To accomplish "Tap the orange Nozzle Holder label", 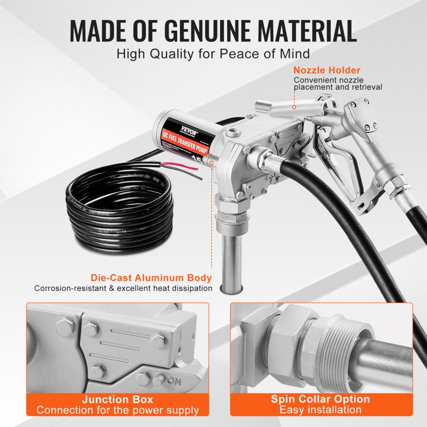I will pyautogui.click(x=327, y=70).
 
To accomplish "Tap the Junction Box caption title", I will pyautogui.click(x=117, y=400).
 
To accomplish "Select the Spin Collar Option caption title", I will pyautogui.click(x=320, y=399).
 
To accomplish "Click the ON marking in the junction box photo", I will pyautogui.click(x=173, y=380).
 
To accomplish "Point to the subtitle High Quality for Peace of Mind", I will pyautogui.click(x=213, y=54).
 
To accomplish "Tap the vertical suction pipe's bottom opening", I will pyautogui.click(x=230, y=289).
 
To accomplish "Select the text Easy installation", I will pyautogui.click(x=320, y=410).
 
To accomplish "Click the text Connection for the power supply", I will pyautogui.click(x=117, y=410).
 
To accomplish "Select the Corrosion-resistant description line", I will pyautogui.click(x=123, y=288).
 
